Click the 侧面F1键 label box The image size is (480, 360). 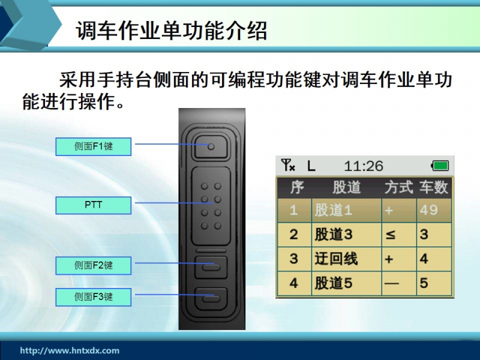pyautogui.click(x=94, y=146)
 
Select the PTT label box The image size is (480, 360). pyautogui.click(x=94, y=205)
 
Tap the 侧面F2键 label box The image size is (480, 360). pyautogui.click(x=94, y=265)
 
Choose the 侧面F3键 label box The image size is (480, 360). pyautogui.click(x=94, y=297)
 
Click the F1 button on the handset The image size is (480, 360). pyautogui.click(x=211, y=147)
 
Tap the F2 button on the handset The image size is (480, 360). pyautogui.click(x=211, y=267)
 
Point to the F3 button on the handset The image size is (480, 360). pyautogui.click(x=211, y=299)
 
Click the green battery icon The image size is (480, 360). pyautogui.click(x=440, y=166)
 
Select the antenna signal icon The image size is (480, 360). pyautogui.click(x=288, y=166)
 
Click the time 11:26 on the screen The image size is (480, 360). pyautogui.click(x=364, y=166)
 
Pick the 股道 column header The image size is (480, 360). pyautogui.click(x=347, y=187)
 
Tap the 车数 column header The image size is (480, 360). pyautogui.click(x=434, y=187)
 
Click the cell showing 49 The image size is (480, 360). pyautogui.click(x=434, y=211)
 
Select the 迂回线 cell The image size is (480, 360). pyautogui.click(x=347, y=259)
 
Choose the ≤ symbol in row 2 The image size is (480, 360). pyautogui.click(x=391, y=235)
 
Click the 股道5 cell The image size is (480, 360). pyautogui.click(x=347, y=283)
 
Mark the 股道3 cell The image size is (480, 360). pyautogui.click(x=347, y=235)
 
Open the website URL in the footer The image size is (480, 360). pyautogui.click(x=70, y=350)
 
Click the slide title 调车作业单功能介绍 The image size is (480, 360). pyautogui.click(x=172, y=31)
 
